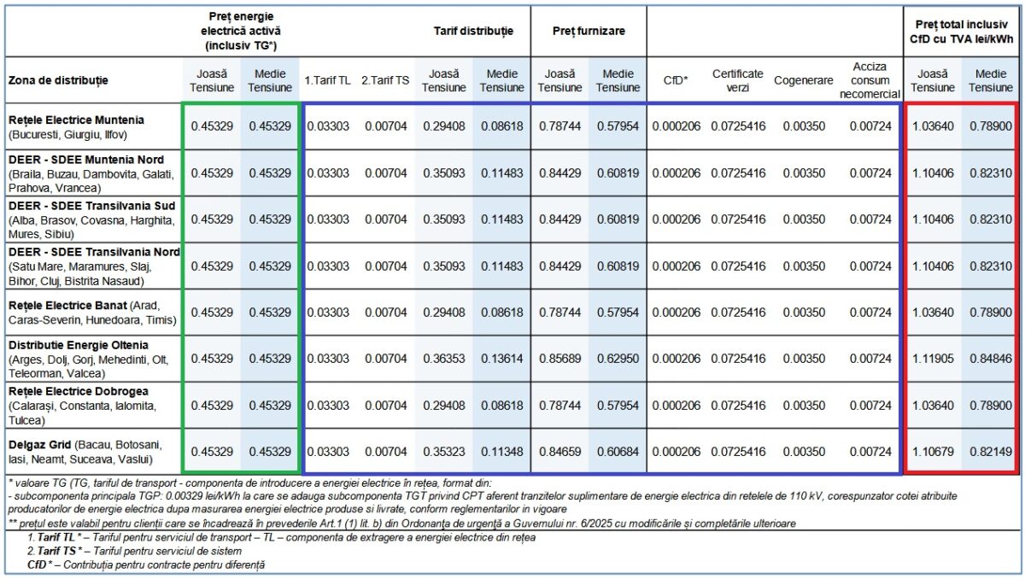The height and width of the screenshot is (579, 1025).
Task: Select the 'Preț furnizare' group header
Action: (589, 31)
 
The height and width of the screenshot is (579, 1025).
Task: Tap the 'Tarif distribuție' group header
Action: (473, 31)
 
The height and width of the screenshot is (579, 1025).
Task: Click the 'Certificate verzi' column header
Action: (737, 80)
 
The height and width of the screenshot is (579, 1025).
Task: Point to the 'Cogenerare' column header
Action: (803, 80)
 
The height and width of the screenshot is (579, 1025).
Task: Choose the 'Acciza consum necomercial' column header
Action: (870, 80)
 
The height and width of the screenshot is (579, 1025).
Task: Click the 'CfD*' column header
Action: (676, 80)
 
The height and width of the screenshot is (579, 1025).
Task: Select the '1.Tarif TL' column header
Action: (327, 80)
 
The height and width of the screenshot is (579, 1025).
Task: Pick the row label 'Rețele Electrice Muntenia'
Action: (76, 120)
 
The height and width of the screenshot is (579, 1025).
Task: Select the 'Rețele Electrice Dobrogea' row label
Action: (79, 391)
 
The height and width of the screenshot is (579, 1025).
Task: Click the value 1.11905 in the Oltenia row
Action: (933, 359)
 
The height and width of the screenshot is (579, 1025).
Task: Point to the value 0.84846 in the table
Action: (990, 359)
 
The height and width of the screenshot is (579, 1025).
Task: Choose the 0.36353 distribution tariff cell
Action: (444, 359)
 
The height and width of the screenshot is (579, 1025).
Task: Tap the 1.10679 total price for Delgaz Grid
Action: (933, 452)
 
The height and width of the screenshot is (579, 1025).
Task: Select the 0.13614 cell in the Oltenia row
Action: (502, 359)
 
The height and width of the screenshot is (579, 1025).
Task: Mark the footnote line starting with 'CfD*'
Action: (147, 564)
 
